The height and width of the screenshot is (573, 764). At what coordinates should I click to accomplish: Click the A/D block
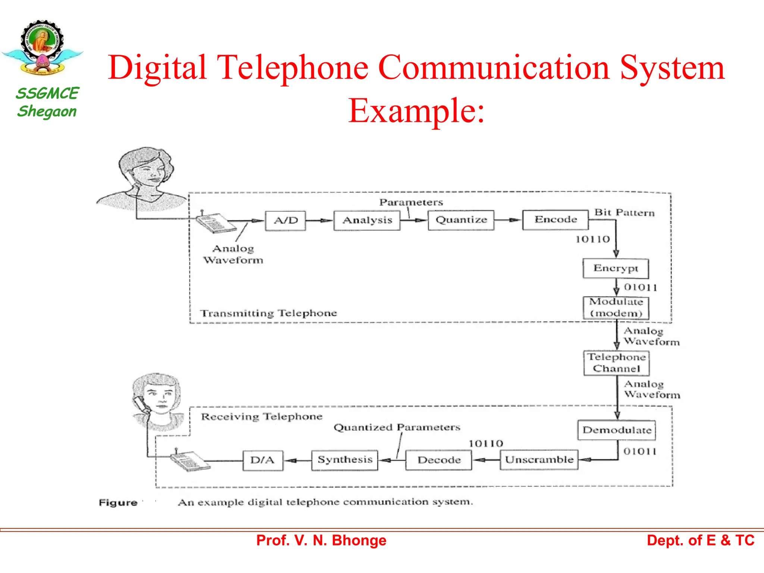pyautogui.click(x=285, y=220)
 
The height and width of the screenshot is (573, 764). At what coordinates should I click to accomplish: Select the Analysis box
pyautogui.click(x=367, y=220)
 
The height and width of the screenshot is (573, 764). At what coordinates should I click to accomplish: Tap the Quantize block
pyautogui.click(x=461, y=220)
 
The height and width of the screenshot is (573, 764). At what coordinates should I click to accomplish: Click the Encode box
pyautogui.click(x=555, y=219)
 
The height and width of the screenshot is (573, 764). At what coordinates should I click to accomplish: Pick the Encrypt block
pyautogui.click(x=616, y=268)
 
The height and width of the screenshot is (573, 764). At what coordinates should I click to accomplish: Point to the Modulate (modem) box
pyautogui.click(x=616, y=307)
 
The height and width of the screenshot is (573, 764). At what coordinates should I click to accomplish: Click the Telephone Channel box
pyautogui.click(x=616, y=363)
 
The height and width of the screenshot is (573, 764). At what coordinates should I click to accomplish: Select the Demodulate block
pyautogui.click(x=617, y=430)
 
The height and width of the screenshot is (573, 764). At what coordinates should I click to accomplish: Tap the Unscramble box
pyautogui.click(x=539, y=460)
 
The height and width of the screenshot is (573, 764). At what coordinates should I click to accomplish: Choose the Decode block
pyautogui.click(x=439, y=460)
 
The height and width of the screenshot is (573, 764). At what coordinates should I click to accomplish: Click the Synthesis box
pyautogui.click(x=345, y=460)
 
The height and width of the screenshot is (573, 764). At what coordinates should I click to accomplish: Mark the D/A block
pyautogui.click(x=263, y=460)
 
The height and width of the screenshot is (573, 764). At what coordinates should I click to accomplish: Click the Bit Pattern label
pyautogui.click(x=624, y=213)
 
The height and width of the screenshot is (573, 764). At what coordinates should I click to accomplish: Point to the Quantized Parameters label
pyautogui.click(x=397, y=427)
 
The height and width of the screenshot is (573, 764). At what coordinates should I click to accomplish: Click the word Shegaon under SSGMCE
pyautogui.click(x=47, y=112)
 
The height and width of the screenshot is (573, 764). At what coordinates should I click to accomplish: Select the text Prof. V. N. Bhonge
pyautogui.click(x=321, y=541)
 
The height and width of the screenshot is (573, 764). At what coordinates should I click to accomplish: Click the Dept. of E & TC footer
pyautogui.click(x=700, y=541)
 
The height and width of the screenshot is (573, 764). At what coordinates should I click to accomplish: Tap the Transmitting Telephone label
pyautogui.click(x=268, y=313)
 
